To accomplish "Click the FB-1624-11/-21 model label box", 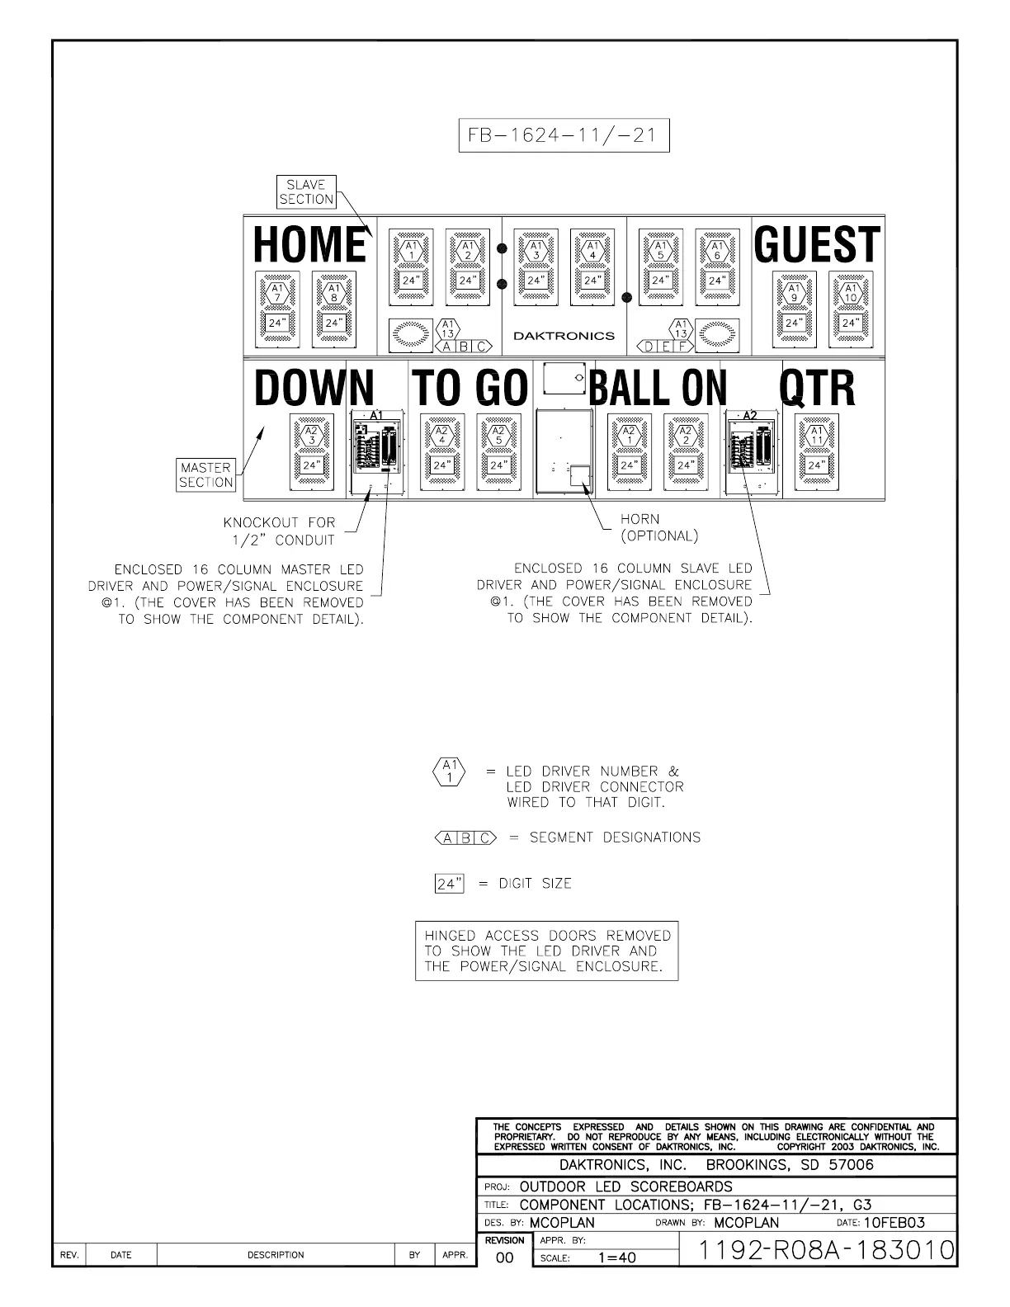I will (564, 135).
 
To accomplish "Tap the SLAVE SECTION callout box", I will (306, 192).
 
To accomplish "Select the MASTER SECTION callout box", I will (206, 475).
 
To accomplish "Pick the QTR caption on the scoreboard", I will (817, 388).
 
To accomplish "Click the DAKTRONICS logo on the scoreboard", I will (564, 336).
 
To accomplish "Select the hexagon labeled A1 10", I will (850, 293).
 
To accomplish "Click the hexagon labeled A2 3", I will (311, 435).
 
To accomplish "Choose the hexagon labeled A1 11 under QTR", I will (816, 435).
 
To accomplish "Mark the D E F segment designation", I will (664, 347).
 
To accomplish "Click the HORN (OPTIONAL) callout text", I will (658, 527).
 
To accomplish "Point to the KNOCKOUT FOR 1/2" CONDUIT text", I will (279, 531).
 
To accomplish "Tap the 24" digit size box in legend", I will (449, 884).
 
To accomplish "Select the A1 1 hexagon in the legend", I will (450, 771).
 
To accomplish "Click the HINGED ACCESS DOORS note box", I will (546, 951).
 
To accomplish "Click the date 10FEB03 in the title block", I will (894, 1223).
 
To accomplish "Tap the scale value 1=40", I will (617, 1258).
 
